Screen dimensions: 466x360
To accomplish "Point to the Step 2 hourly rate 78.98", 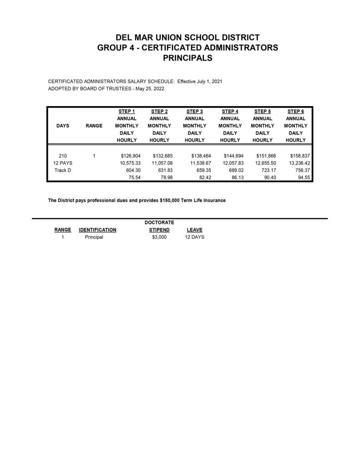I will point(165,178).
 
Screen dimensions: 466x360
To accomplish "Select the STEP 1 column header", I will point(127,111).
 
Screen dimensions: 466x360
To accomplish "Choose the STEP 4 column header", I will point(230,111).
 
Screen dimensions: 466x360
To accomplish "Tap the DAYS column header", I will point(63,126).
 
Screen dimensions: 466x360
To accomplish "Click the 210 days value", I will point(63,155).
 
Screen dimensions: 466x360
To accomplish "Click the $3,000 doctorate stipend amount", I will point(159,237).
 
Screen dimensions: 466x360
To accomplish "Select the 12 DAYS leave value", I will point(194,237).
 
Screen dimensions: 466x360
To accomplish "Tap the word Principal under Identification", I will point(94,237).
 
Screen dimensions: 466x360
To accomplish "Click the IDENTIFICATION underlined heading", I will point(97,230).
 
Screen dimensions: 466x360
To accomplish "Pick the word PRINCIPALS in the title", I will point(188,58).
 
